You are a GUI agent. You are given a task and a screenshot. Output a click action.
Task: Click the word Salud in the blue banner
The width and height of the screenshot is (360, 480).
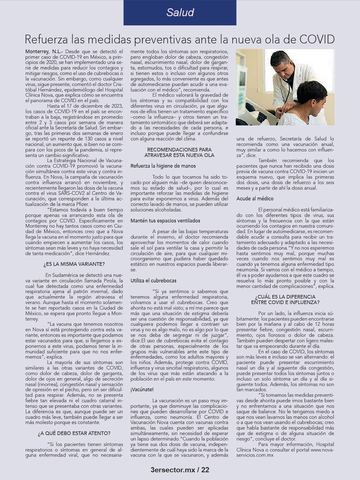point(180,12)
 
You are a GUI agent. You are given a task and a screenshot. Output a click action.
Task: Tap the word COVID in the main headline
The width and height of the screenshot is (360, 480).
point(317,39)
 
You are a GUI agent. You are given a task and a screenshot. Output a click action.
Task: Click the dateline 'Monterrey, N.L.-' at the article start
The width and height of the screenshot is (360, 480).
point(44,51)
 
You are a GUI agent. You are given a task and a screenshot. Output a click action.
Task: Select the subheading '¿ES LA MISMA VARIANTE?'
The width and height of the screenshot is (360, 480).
point(74,264)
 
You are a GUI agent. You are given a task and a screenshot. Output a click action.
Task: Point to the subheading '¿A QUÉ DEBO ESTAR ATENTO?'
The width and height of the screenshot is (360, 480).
point(74,433)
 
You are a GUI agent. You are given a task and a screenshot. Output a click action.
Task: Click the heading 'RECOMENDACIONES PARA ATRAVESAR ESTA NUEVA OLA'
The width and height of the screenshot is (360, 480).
point(179,152)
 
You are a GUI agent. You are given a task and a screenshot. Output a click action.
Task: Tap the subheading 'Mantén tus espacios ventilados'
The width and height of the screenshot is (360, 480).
point(161,221)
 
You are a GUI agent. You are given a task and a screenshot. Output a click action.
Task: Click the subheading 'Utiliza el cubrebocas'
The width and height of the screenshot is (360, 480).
point(153,281)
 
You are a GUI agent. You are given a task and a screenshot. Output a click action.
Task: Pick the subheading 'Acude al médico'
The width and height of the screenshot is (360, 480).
point(255,199)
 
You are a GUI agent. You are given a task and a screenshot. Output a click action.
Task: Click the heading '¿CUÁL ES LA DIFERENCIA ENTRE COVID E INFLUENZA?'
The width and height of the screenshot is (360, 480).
point(285,299)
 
